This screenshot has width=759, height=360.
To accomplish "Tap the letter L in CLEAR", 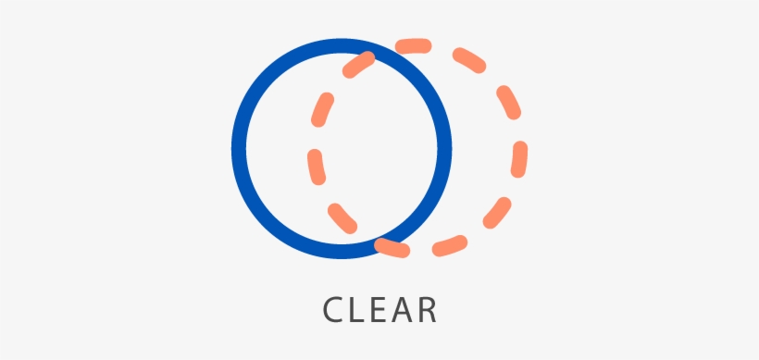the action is pos(360,309).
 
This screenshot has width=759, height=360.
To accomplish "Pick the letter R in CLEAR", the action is pos(427,309).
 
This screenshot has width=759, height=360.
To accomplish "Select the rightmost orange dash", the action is pos(519,158).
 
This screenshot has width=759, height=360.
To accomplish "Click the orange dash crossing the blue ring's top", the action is pos(358,64).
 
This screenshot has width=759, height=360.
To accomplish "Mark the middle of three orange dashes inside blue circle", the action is pos(316,164).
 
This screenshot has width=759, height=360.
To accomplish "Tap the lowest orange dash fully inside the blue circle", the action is pos(342,217).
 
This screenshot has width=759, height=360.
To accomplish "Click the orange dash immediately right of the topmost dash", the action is pos(469,60).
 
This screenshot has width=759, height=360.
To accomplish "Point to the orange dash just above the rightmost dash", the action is pos(507,102).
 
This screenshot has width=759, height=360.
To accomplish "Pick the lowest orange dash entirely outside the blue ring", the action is pos(450,246).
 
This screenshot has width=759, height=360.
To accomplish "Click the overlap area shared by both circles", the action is pos(379,148).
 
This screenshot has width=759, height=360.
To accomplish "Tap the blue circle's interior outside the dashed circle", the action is pos(273,148).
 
